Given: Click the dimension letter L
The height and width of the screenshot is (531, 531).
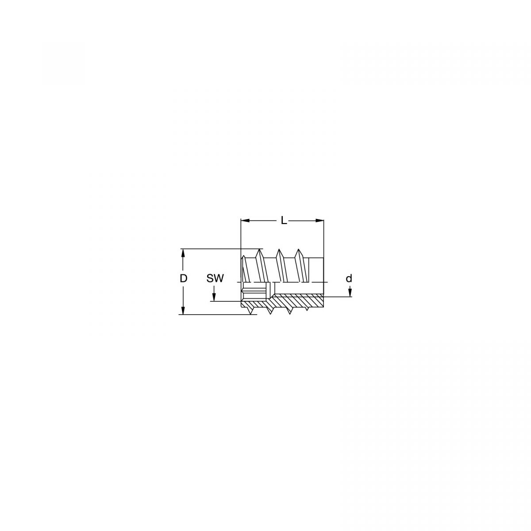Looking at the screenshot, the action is point(284,220).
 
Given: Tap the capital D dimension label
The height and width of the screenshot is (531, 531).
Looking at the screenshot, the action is point(183,279).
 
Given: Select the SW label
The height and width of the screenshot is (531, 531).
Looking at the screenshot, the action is point(215,279).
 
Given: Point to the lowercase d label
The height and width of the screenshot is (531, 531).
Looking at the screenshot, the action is point(349,279).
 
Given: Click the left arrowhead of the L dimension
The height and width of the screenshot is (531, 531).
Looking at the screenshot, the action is point(245,220).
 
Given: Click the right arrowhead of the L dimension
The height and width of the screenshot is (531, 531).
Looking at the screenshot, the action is point(319,220).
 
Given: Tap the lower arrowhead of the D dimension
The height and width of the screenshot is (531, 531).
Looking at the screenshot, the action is point(182,310).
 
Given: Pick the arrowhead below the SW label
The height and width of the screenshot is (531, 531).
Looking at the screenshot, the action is point(214,297).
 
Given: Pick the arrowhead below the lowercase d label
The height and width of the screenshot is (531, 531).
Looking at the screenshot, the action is point(350,292).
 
